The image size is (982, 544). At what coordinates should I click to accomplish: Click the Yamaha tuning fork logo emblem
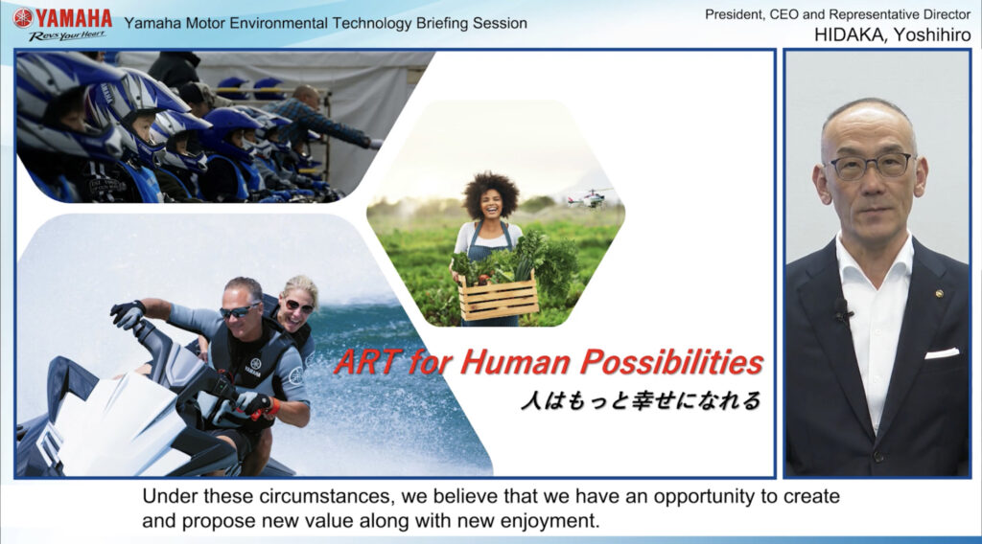click(23, 17)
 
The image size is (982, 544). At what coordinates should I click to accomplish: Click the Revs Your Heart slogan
click(67, 35)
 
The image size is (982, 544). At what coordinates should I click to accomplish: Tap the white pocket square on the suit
click(942, 353)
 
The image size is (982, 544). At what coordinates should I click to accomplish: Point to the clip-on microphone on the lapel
click(842, 310)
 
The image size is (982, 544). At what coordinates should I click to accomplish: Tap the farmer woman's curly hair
click(491, 191)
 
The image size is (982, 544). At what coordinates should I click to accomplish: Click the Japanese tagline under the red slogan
click(640, 400)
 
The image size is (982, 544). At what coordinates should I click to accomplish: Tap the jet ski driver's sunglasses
click(239, 310)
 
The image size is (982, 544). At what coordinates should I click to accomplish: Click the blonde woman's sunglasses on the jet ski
click(299, 306)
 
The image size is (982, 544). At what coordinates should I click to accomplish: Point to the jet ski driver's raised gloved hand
click(128, 313)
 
